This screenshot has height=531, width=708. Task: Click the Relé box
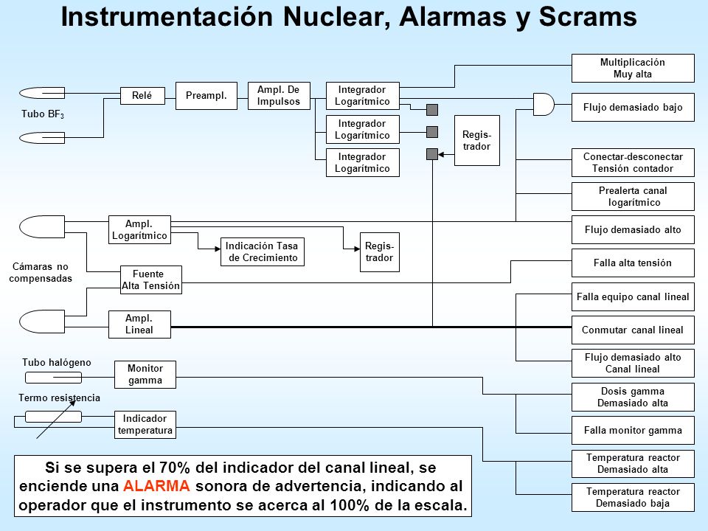pyautogui.click(x=142, y=96)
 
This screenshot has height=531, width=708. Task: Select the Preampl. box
pyautogui.click(x=206, y=96)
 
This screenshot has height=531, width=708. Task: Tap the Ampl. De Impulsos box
pyautogui.click(x=279, y=96)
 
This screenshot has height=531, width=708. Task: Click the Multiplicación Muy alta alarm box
pyautogui.click(x=633, y=68)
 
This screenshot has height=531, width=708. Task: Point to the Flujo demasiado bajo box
pyautogui.click(x=633, y=108)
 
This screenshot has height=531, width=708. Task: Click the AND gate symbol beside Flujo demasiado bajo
pyautogui.click(x=544, y=104)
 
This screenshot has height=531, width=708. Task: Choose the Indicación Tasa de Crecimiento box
pyautogui.click(x=263, y=252)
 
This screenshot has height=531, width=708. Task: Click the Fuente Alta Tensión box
pyautogui.click(x=150, y=280)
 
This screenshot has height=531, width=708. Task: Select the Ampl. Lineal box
pyautogui.click(x=139, y=324)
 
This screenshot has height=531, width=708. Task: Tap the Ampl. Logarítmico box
pyautogui.click(x=139, y=230)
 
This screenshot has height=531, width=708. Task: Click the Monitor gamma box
pyautogui.click(x=145, y=375)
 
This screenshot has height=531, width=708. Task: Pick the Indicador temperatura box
pyautogui.click(x=145, y=425)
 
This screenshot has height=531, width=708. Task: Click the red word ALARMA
pyautogui.click(x=156, y=486)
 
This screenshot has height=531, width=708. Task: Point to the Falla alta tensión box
pyautogui.click(x=633, y=263)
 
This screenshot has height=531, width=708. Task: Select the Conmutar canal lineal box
pyautogui.click(x=633, y=330)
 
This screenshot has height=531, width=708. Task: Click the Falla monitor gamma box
pyautogui.click(x=633, y=430)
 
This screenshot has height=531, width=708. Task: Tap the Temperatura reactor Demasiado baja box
pyautogui.click(x=633, y=498)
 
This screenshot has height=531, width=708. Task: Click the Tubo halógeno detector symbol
pyautogui.click(x=53, y=377)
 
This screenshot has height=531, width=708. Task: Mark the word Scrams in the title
pyautogui.click(x=588, y=17)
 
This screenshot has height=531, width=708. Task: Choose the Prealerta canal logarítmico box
pyautogui.click(x=633, y=196)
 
